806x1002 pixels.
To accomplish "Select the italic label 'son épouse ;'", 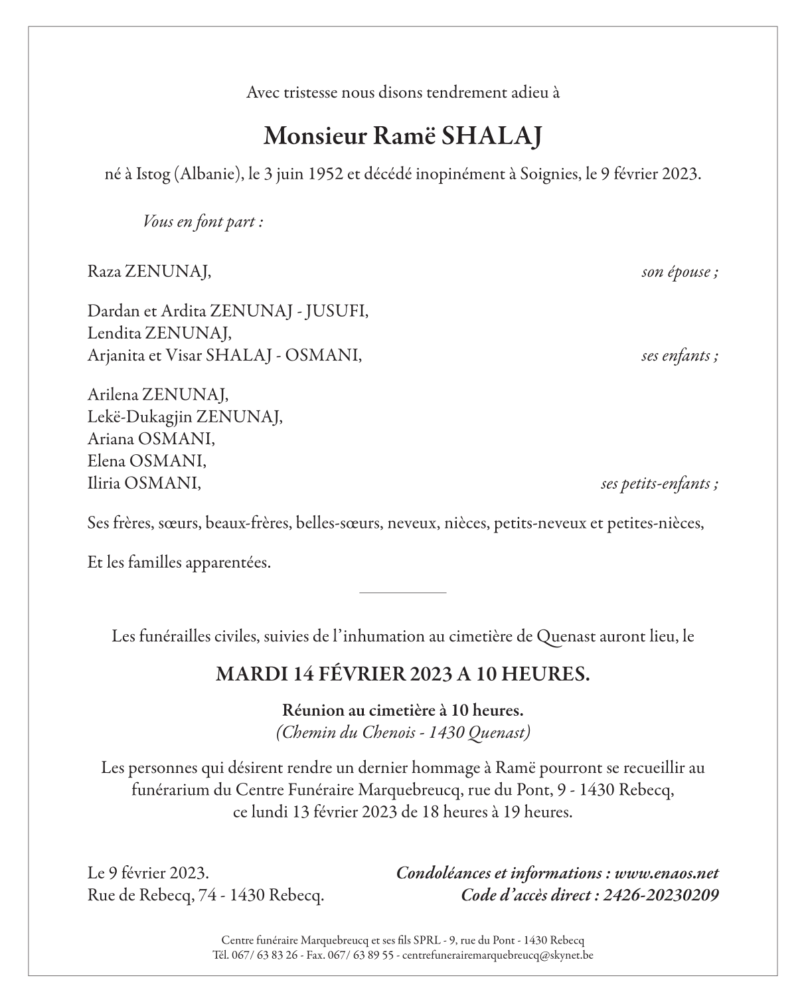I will (679, 272).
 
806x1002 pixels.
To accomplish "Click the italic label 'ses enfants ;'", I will (679, 355).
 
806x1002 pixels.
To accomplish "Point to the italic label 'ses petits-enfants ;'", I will (659, 483).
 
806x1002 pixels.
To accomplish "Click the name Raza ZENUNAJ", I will (149, 272).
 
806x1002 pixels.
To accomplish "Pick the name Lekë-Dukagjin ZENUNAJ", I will (185, 416).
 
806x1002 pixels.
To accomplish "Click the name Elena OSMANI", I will (147, 460).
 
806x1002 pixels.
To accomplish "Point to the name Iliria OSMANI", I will (143, 483).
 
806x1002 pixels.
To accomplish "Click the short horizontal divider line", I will (402, 592).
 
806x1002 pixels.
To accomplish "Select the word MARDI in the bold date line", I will (252, 674).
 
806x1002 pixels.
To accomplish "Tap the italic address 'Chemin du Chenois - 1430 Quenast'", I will (403, 732).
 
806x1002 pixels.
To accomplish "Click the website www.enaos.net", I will (667, 873).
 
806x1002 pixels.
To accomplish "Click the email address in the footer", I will (498, 956).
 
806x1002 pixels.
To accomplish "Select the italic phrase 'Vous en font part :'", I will (203, 222).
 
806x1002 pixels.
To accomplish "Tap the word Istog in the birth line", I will (153, 175).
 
